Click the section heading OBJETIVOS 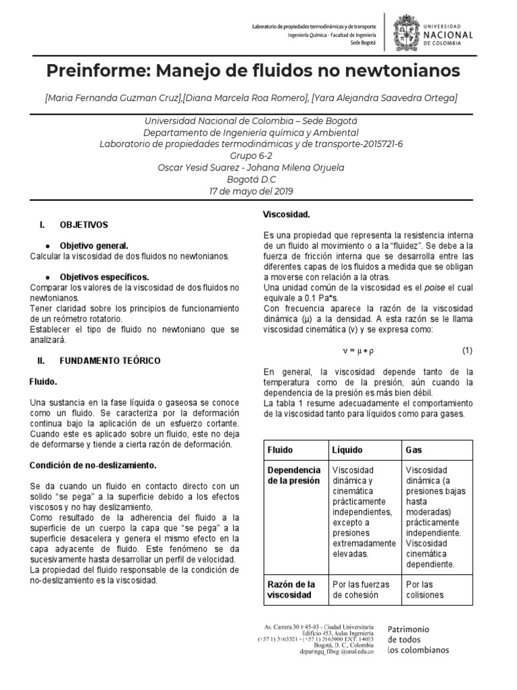[x=84, y=224]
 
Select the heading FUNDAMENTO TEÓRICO [x=110, y=360]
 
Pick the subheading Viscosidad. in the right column [x=286, y=214]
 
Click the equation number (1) [x=467, y=350]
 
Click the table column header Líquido [x=347, y=449]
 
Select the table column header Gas [x=413, y=449]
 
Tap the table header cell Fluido [x=280, y=449]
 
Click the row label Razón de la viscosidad [x=291, y=590]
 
